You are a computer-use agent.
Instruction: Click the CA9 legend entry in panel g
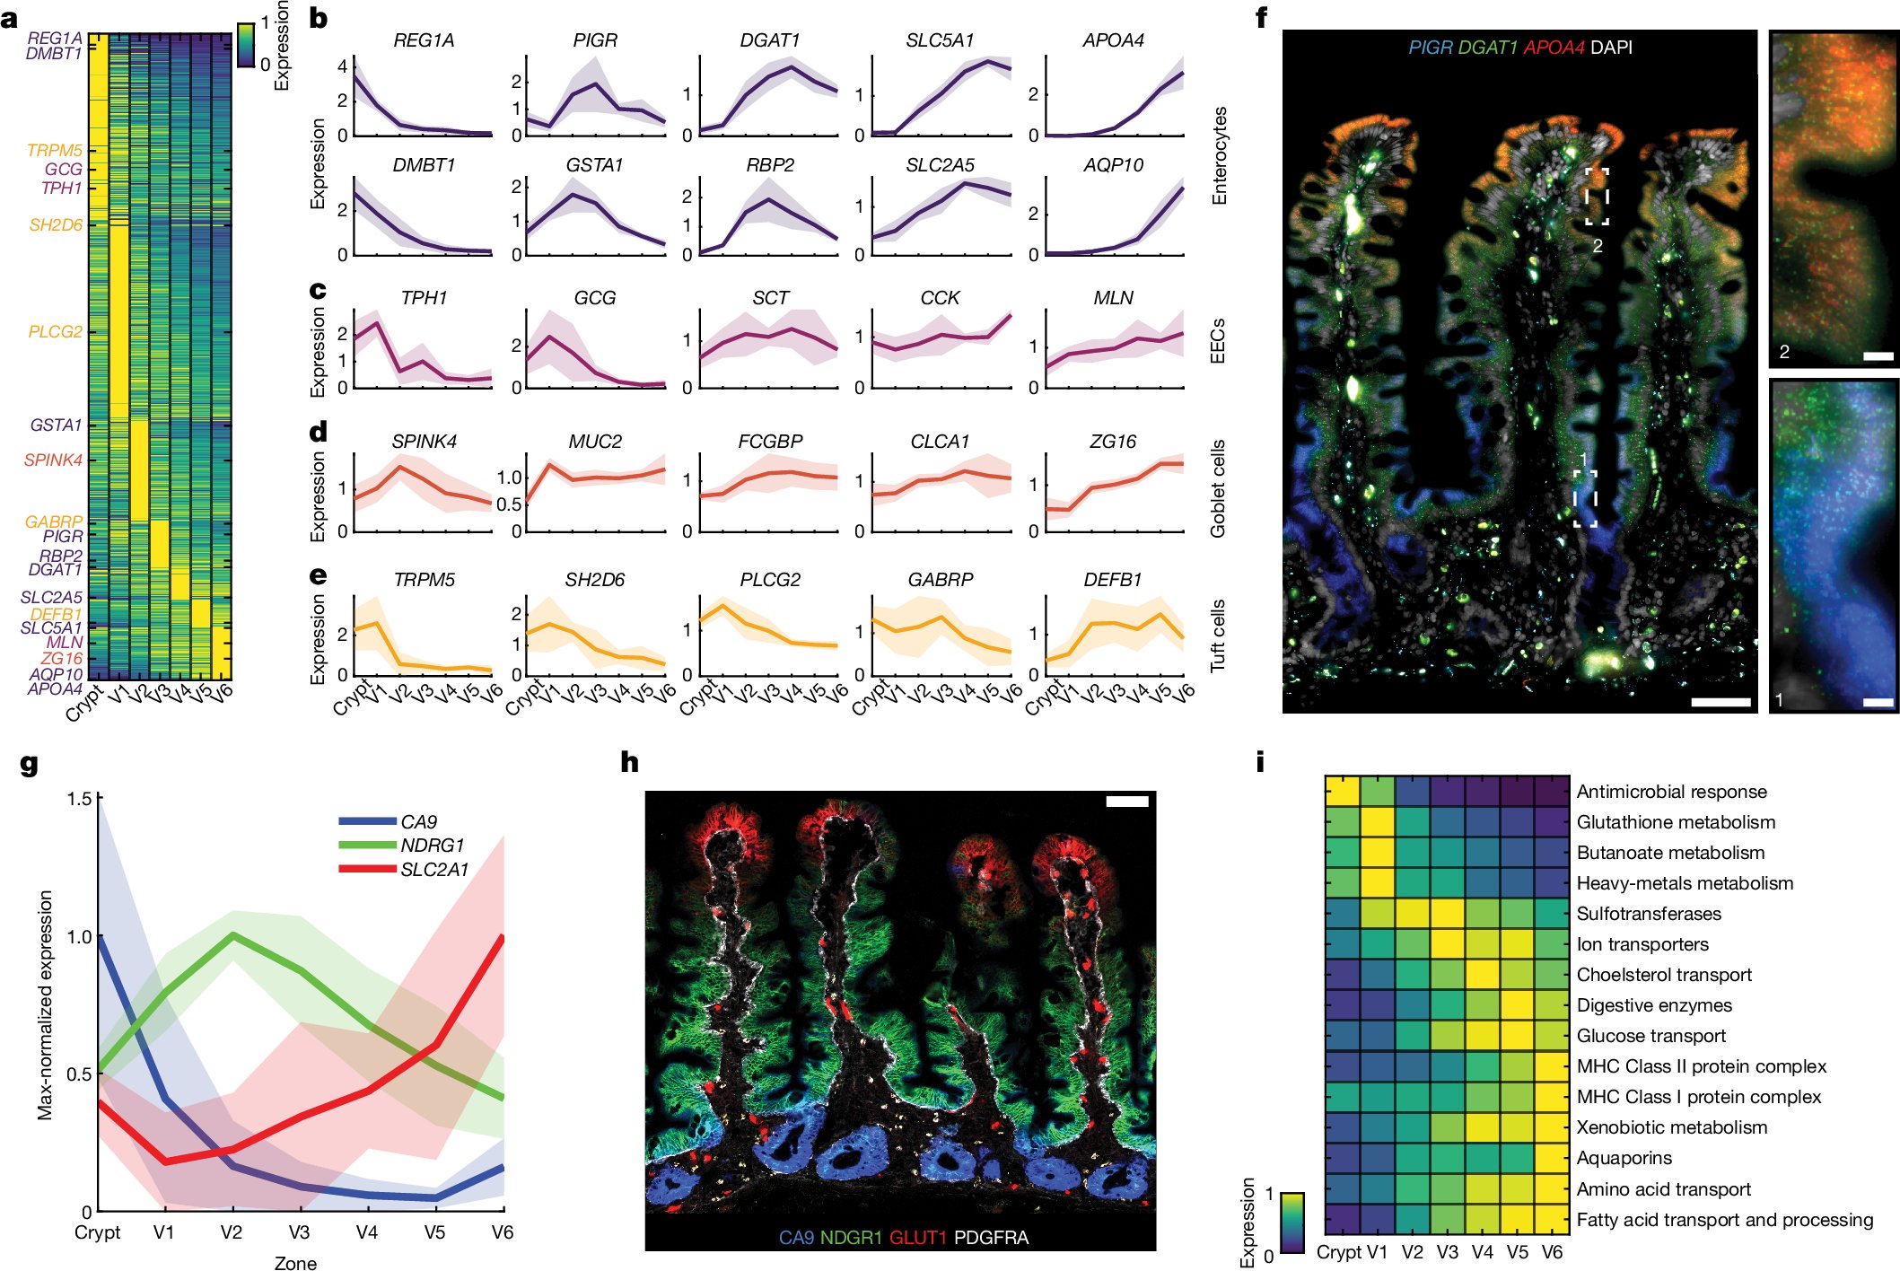[418, 822]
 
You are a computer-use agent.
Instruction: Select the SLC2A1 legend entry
[434, 870]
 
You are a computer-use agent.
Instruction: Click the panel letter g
[29, 764]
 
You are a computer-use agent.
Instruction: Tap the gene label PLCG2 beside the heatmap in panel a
[55, 332]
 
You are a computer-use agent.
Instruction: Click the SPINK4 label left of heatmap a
[53, 460]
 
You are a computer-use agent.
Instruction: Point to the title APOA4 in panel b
[1113, 40]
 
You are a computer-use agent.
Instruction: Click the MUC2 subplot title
[594, 442]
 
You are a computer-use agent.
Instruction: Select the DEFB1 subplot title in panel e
[1112, 580]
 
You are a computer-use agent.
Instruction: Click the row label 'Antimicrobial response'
[1671, 792]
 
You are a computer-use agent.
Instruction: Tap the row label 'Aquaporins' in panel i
[1624, 1158]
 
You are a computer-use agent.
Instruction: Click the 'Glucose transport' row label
[1650, 1036]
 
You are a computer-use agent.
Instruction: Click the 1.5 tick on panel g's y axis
[80, 799]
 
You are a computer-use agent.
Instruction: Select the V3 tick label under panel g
[299, 1232]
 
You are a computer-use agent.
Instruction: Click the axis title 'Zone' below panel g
[295, 1263]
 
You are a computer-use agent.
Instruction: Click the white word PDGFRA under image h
[991, 1238]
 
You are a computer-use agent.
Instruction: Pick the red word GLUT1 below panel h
[917, 1238]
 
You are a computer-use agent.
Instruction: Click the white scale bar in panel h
[1126, 801]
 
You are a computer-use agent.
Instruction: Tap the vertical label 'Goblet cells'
[1218, 489]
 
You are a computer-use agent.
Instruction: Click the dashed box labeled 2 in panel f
[1597, 196]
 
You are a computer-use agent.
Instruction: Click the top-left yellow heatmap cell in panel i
[1342, 792]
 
